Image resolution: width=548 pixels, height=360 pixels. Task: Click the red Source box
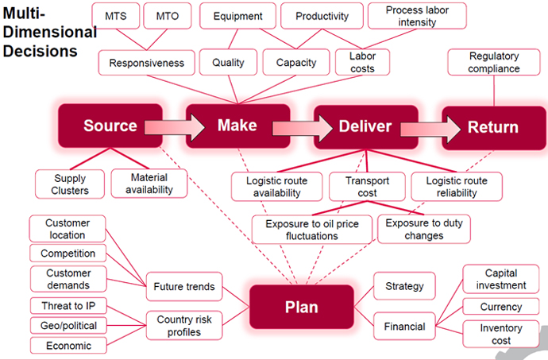[110, 126]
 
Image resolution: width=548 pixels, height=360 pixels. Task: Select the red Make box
[237, 126]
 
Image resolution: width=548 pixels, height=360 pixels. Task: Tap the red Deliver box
[365, 126]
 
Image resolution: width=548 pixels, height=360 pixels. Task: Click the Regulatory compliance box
[493, 63]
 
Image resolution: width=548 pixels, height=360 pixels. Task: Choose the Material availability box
[149, 184]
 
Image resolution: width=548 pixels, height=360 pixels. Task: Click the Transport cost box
[368, 185]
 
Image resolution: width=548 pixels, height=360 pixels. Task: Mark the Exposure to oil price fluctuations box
[311, 228]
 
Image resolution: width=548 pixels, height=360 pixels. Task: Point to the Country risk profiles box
[184, 324]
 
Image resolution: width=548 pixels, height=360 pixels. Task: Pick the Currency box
[501, 307]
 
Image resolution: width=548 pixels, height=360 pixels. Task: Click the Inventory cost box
[501, 334]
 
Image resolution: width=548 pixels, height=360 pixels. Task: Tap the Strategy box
[404, 286]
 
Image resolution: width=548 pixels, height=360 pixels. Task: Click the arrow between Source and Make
[168, 126]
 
